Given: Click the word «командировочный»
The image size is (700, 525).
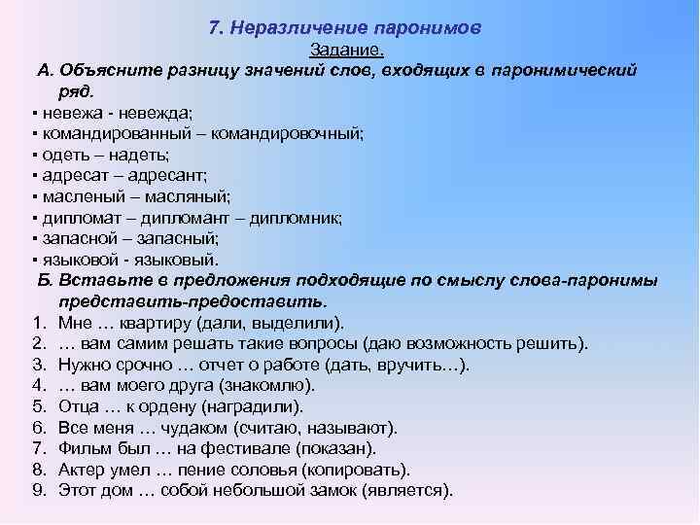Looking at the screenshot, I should (298, 134).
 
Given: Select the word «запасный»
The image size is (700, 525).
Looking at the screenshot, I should (181, 238).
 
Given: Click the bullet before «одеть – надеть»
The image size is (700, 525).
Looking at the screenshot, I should (34, 156).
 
